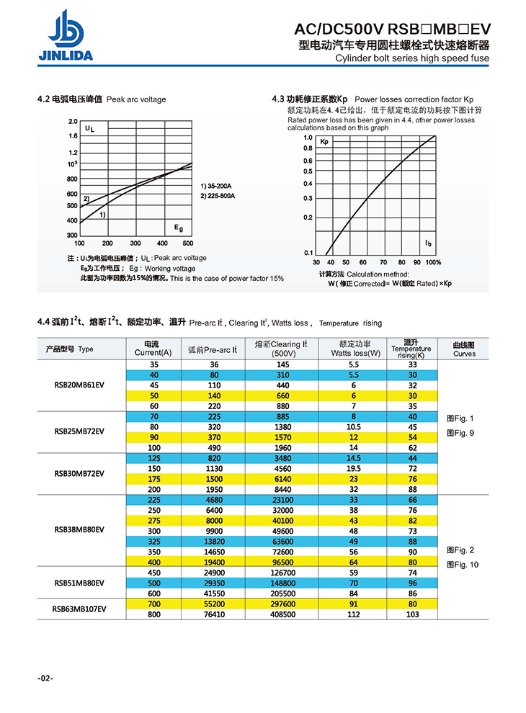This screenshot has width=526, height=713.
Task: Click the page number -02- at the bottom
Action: (x=45, y=678)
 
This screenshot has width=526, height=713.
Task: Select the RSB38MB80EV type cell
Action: (x=80, y=529)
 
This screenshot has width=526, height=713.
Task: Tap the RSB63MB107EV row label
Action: (x=80, y=609)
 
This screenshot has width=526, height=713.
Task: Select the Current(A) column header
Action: (x=153, y=349)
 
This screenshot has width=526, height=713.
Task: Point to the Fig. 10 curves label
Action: (x=463, y=565)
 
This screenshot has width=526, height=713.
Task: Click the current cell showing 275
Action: (x=153, y=520)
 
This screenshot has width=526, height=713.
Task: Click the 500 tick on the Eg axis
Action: (x=188, y=243)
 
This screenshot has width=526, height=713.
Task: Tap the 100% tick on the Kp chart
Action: (x=433, y=262)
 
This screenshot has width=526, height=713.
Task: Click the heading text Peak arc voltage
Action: (x=136, y=99)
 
